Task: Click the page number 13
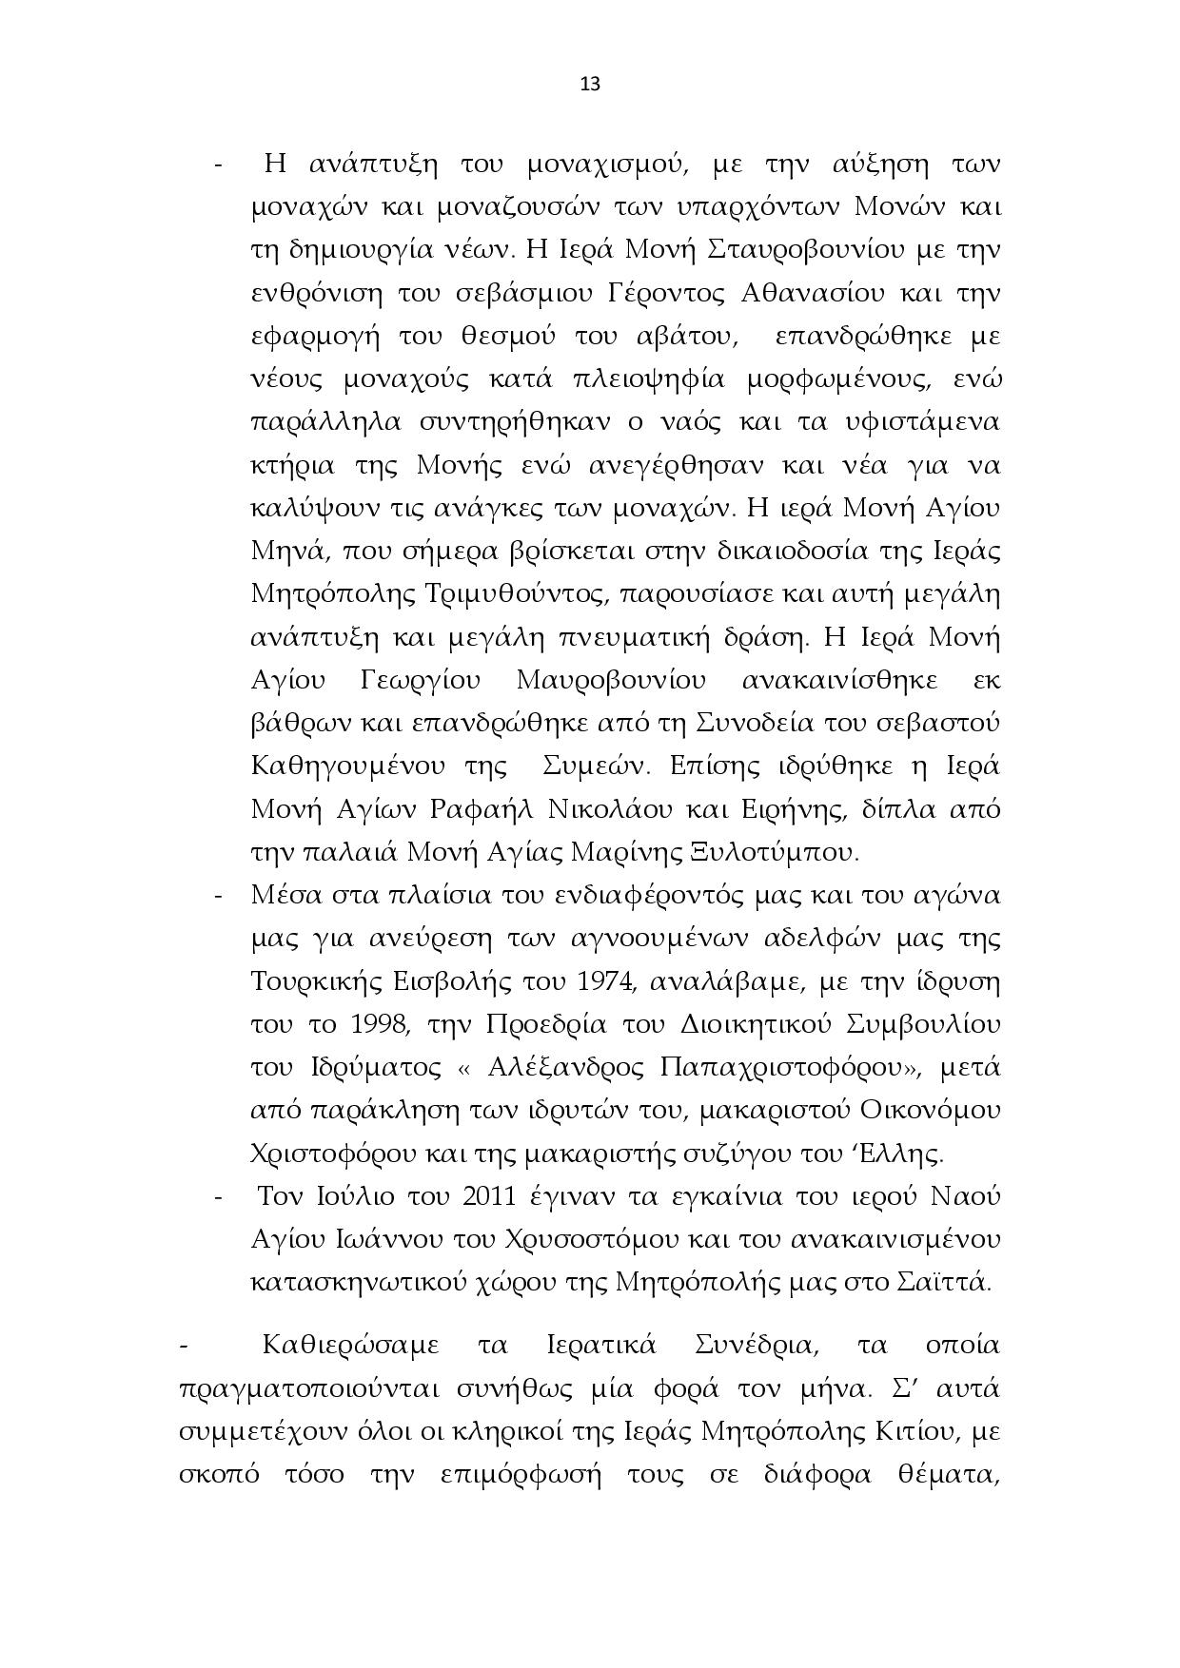(x=589, y=84)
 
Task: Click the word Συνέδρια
(x=753, y=1346)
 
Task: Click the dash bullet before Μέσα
(x=219, y=896)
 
